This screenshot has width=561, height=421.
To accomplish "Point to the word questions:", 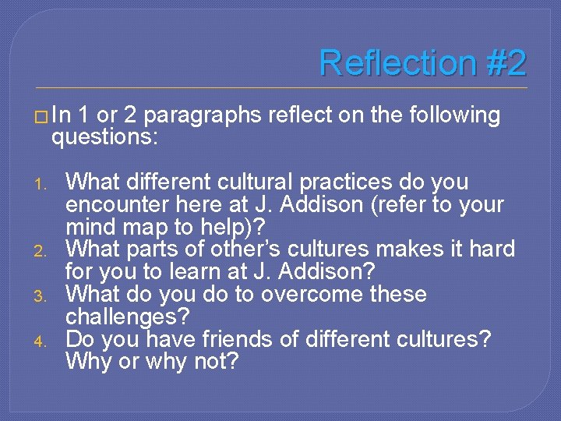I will click(105, 138).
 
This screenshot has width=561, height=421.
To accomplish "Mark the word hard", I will click(491, 249).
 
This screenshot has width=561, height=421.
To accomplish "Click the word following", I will click(452, 115).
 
